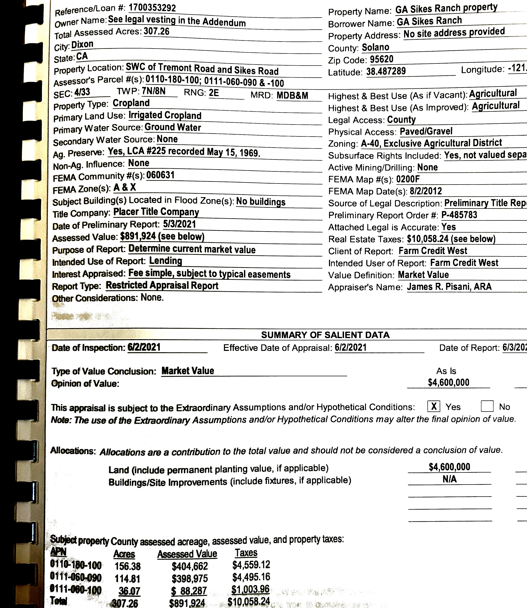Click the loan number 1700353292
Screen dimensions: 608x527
pos(152,8)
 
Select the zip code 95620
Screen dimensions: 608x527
pos(382,59)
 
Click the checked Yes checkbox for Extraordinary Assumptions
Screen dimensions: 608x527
pos(434,406)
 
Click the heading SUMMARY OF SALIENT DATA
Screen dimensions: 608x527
pos(325,335)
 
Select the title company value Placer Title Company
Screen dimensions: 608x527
pos(156,212)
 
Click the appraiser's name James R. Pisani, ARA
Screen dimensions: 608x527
pos(449,287)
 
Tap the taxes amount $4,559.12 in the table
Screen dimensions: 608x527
pos(251,565)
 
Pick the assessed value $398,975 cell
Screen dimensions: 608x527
pos(190,578)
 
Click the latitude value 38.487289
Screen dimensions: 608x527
pos(386,71)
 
